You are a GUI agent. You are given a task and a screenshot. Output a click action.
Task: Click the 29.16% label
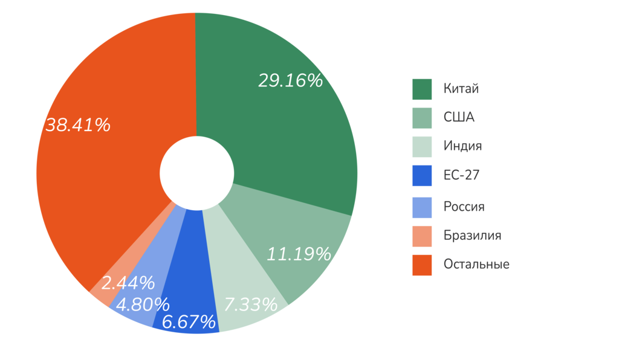click(290, 81)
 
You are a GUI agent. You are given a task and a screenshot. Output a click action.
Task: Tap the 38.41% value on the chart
click(78, 126)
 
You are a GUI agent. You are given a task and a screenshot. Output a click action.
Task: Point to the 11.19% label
click(299, 254)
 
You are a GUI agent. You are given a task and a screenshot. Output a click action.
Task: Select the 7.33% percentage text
click(250, 305)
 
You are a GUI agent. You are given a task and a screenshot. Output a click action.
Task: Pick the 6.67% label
click(189, 323)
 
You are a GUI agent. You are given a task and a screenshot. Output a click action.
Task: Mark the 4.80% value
click(143, 305)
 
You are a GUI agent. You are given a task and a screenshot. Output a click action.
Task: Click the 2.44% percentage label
click(128, 283)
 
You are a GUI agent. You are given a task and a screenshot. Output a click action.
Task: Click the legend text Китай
click(461, 89)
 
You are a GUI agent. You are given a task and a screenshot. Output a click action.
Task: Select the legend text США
click(459, 118)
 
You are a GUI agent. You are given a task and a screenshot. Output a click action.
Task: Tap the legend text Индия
click(462, 147)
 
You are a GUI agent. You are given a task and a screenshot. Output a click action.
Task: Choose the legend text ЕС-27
click(461, 176)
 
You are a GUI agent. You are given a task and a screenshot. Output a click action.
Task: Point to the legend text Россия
click(464, 207)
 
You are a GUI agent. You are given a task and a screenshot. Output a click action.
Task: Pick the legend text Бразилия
click(472, 236)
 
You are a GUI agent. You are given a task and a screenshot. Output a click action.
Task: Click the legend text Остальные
click(476, 265)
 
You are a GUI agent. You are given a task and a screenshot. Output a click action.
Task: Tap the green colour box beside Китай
click(422, 89)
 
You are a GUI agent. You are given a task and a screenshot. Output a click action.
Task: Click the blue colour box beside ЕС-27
click(422, 176)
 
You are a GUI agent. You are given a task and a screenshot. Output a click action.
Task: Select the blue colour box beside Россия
click(422, 207)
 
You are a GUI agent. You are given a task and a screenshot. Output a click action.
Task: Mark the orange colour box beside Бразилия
click(422, 236)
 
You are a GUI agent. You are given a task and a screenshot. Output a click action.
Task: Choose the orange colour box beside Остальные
click(422, 265)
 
